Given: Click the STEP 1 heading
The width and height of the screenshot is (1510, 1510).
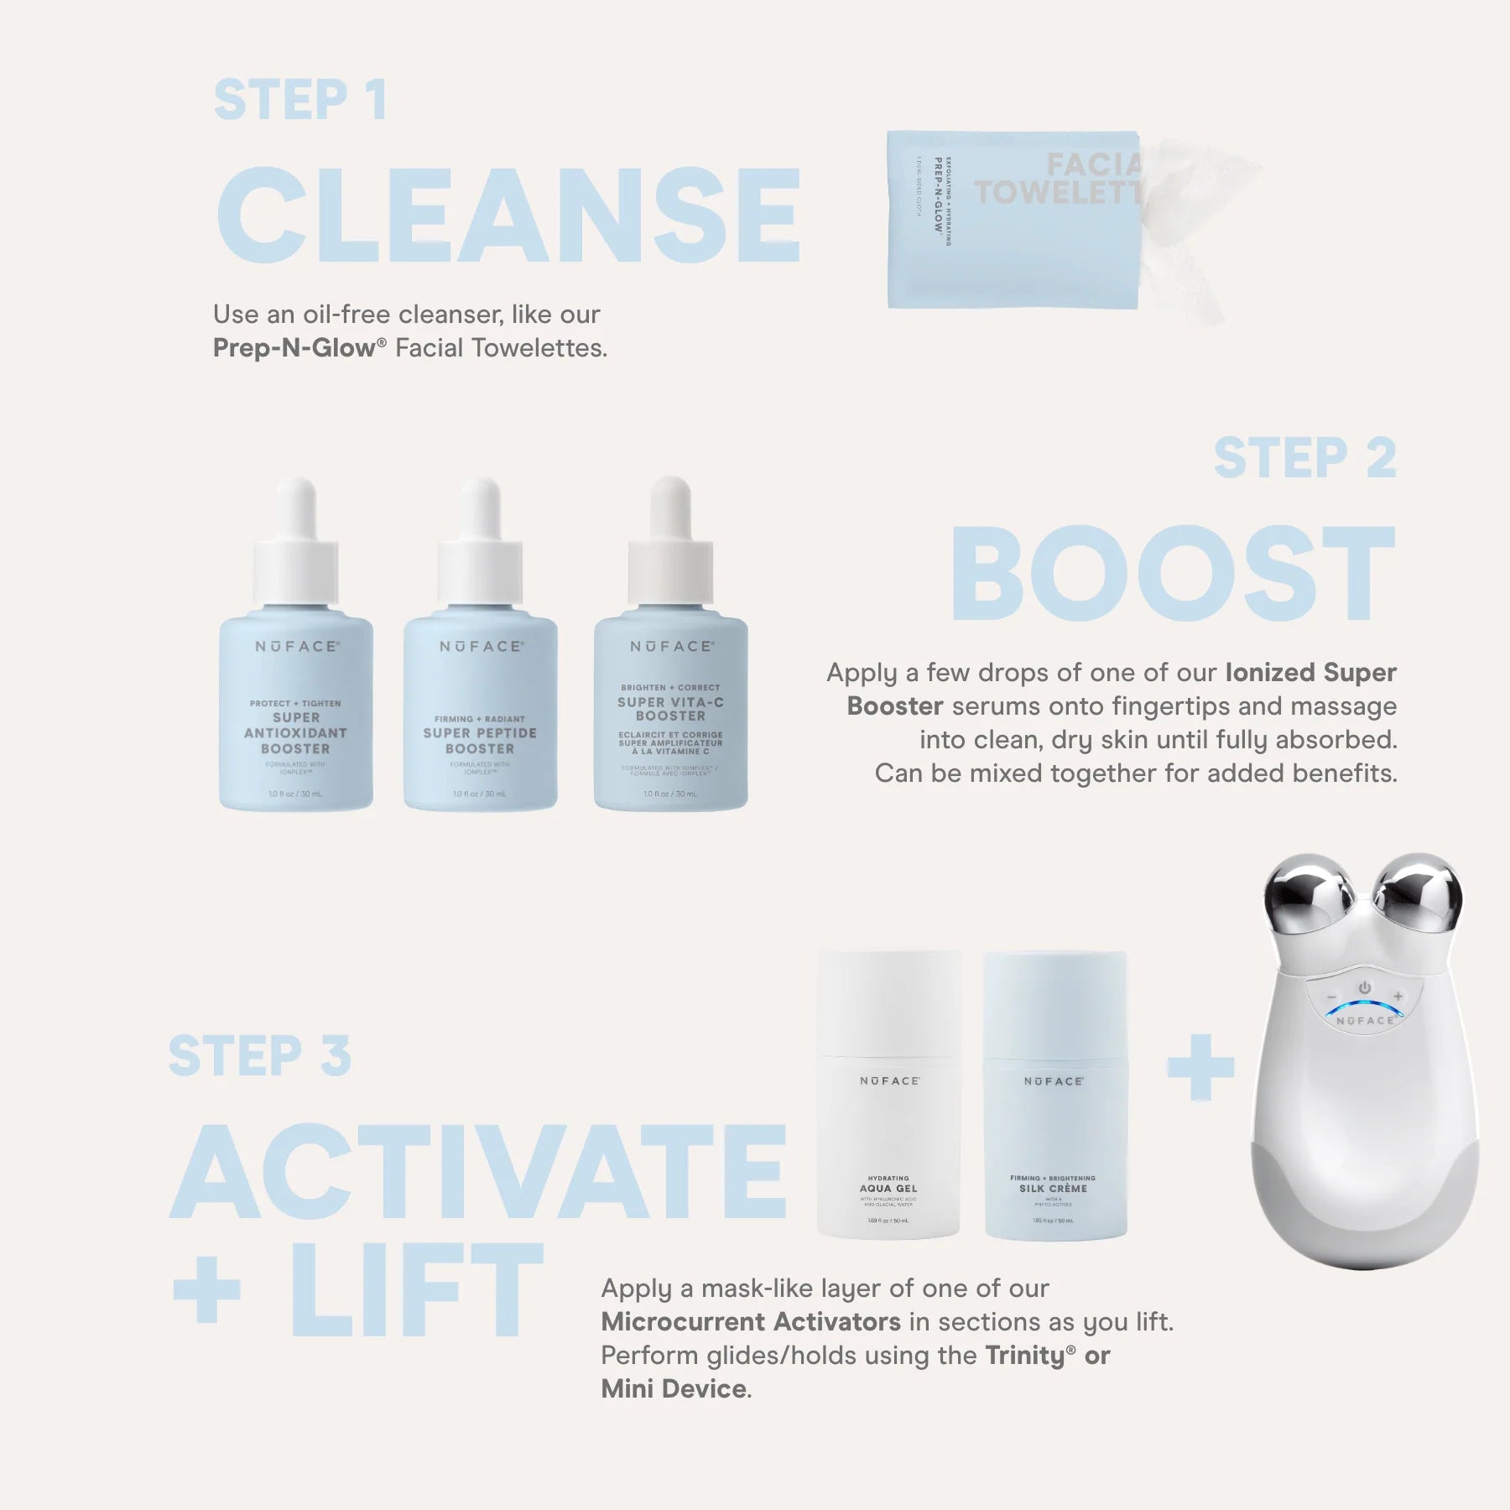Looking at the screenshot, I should tap(299, 101).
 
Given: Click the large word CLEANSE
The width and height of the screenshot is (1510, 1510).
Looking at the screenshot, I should tap(508, 216).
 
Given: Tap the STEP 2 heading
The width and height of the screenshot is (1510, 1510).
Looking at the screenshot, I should tap(1304, 459).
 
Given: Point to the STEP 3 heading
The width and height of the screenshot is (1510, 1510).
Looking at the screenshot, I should tap(259, 1056).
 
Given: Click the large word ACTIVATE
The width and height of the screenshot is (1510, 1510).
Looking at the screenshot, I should tap(478, 1172).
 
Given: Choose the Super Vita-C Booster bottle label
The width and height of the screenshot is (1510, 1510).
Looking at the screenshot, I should tap(670, 710).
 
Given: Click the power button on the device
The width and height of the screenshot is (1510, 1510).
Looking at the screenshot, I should tap(1365, 988).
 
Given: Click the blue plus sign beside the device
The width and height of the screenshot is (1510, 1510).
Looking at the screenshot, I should tap(1200, 1067).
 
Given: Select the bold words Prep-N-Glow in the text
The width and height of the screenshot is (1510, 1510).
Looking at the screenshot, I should tap(294, 348).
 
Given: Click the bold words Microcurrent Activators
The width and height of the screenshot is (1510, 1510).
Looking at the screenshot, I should tap(750, 1322).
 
